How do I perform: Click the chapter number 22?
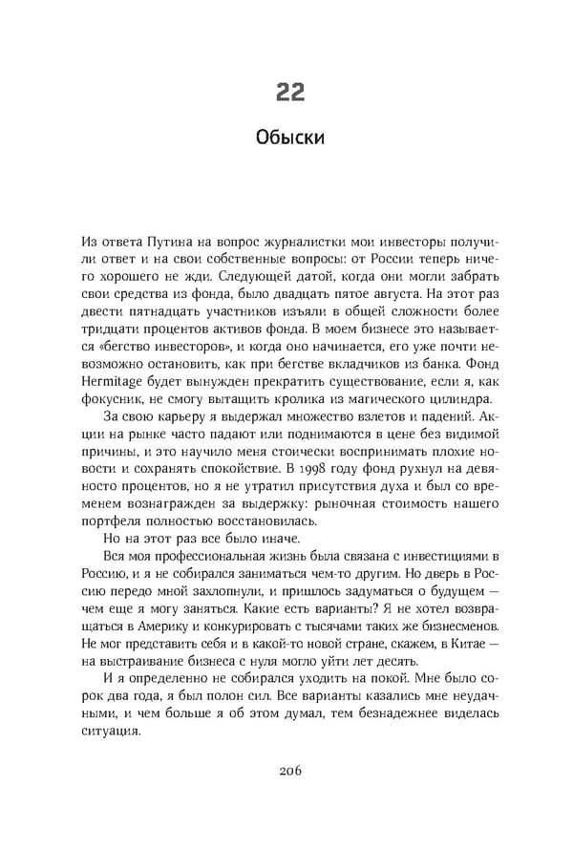(x=290, y=91)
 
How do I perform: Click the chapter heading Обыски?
(x=290, y=138)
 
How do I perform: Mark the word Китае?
(x=471, y=643)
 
